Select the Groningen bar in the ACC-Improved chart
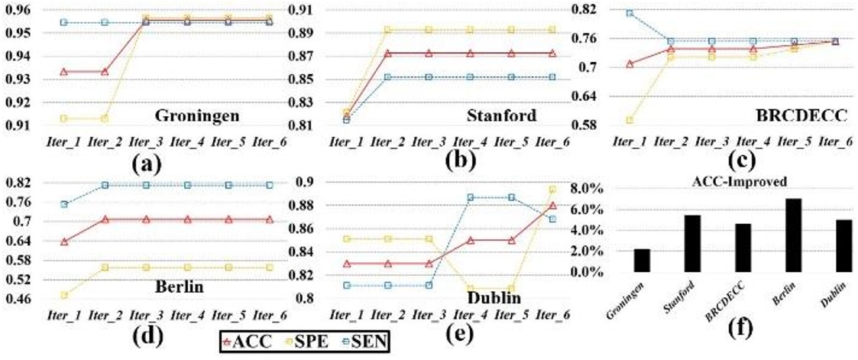click(x=641, y=260)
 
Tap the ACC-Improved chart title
click(x=740, y=181)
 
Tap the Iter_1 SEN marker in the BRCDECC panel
click(x=630, y=13)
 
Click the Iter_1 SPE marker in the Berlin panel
click(x=64, y=295)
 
